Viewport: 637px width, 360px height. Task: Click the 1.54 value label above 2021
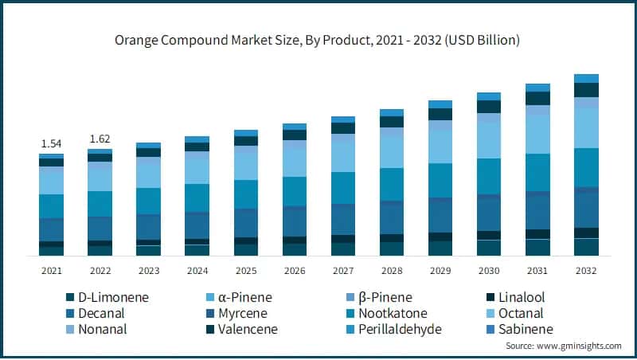tap(51, 143)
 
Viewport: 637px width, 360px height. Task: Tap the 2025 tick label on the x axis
tap(246, 271)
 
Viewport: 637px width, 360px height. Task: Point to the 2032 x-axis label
tap(586, 271)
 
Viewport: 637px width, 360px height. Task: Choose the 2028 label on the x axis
tap(392, 271)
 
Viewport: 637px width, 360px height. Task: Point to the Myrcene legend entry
tap(237, 313)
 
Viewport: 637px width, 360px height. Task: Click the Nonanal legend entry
tap(104, 329)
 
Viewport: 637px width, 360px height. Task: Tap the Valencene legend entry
tap(242, 329)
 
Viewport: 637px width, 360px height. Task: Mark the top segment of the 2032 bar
tap(586, 78)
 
